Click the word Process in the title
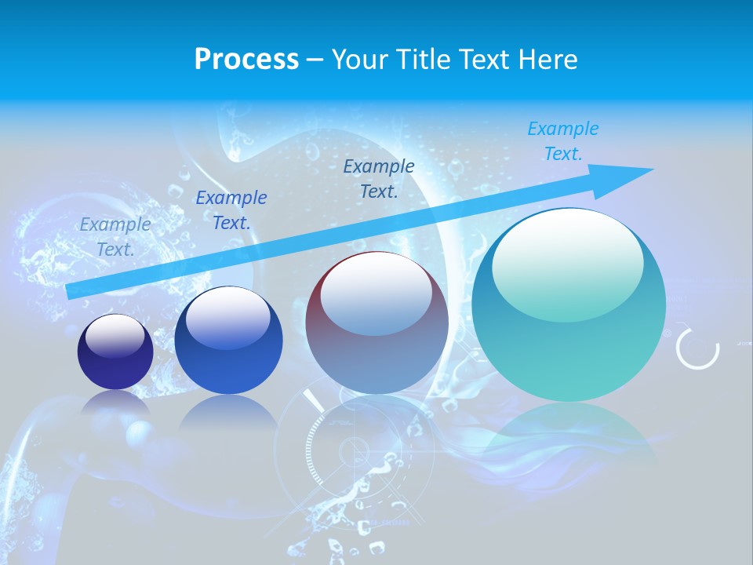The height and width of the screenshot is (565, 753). [246, 60]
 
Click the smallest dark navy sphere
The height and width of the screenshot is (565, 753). [115, 352]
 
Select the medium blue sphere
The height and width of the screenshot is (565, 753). [228, 341]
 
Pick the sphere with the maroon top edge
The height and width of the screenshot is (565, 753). [377, 323]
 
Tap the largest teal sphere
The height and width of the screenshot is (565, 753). [569, 304]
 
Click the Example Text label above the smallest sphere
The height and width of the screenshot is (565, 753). [115, 237]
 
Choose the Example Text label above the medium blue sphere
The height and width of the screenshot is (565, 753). [231, 210]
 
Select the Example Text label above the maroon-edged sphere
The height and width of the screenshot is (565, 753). [379, 178]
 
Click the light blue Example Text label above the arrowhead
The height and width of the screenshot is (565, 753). [563, 141]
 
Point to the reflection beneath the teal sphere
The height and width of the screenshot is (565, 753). [569, 432]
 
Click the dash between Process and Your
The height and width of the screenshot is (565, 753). [315, 60]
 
